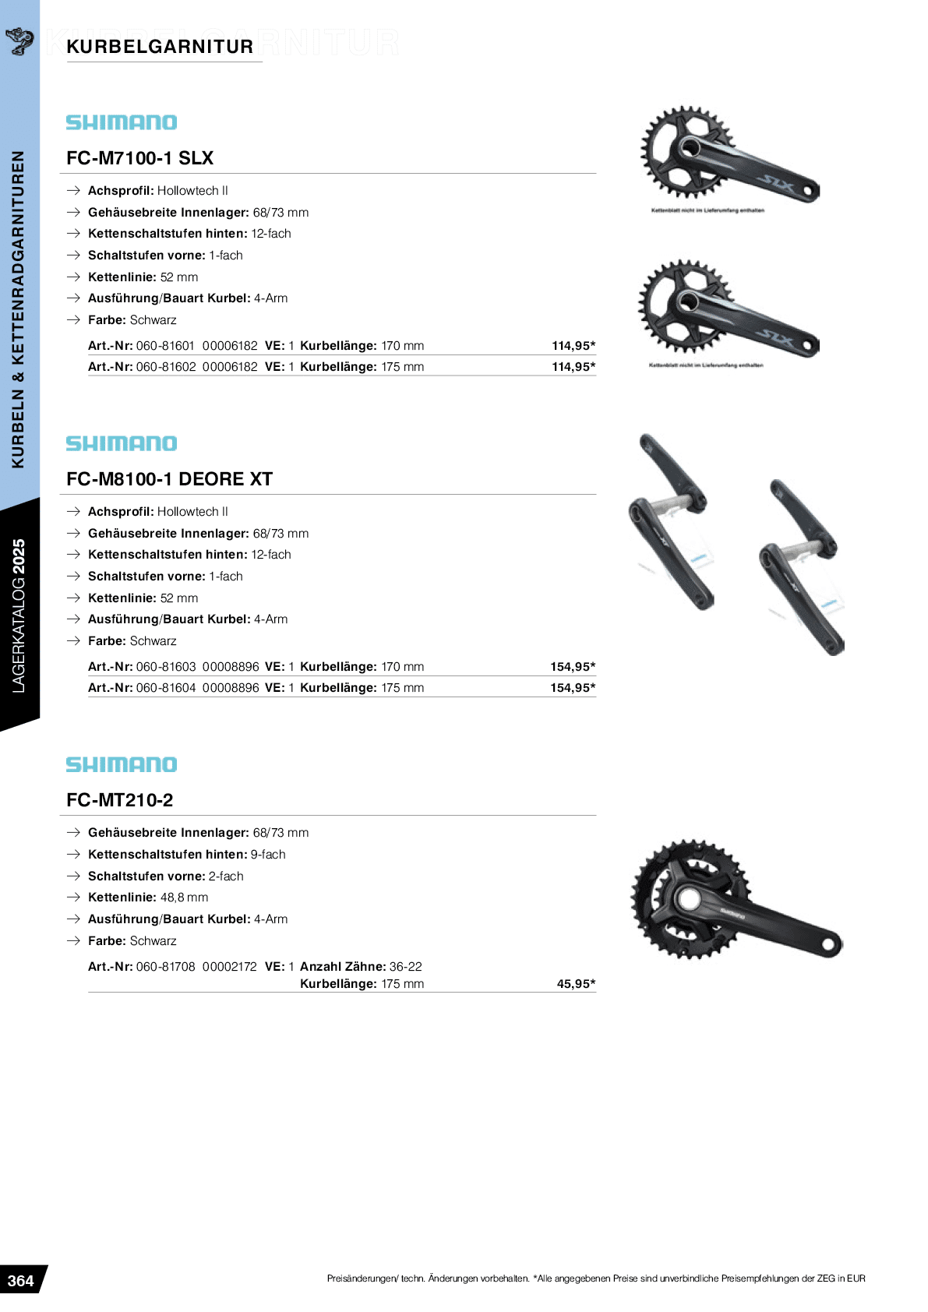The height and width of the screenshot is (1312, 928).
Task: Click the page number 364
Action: (x=21, y=1281)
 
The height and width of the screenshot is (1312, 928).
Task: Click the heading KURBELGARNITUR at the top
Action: (x=160, y=47)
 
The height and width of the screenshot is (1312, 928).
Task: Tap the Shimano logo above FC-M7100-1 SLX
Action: (x=122, y=122)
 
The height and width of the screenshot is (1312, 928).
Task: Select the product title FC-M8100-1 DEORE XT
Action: (x=169, y=479)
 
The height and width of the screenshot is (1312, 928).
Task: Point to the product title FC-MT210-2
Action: (x=120, y=800)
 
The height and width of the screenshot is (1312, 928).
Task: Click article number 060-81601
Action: (x=165, y=346)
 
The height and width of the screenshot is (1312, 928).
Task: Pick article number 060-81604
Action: (x=166, y=688)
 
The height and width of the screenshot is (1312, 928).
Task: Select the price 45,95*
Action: (x=576, y=984)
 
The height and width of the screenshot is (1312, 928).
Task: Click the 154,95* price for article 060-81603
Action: (x=573, y=667)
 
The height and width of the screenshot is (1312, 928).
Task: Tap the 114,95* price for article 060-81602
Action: (x=573, y=367)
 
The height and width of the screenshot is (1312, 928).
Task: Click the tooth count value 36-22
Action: (x=406, y=967)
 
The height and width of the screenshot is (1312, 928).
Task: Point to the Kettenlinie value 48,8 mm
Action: (x=184, y=898)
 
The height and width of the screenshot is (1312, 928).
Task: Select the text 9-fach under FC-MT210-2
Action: (x=268, y=855)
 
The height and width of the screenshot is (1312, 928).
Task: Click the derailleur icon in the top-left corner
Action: (x=19, y=40)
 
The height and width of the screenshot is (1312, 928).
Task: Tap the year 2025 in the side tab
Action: (x=19, y=556)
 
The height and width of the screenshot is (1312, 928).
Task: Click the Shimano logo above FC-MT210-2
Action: (x=122, y=764)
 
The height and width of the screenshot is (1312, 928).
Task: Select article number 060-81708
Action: (x=165, y=967)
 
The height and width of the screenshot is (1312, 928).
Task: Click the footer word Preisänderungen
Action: (x=362, y=1278)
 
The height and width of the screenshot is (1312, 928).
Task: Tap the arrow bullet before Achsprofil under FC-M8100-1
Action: (x=73, y=512)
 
